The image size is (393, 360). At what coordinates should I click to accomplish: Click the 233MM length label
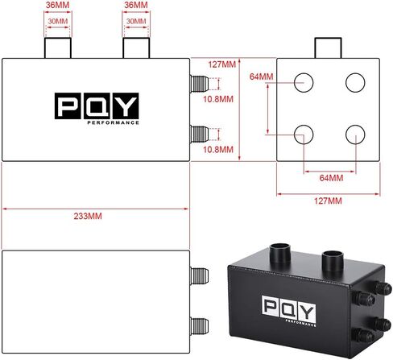(88, 216)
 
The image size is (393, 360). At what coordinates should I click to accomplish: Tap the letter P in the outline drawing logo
(68, 106)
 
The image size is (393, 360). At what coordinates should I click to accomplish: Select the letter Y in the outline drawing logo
(126, 106)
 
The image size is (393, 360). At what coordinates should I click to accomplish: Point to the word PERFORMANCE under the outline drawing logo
(113, 122)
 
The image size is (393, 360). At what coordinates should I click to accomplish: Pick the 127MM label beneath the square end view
(328, 201)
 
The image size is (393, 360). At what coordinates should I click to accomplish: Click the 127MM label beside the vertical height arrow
(222, 64)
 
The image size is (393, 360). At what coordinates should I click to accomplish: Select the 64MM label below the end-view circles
(331, 178)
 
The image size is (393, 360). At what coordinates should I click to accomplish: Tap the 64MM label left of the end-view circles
(261, 77)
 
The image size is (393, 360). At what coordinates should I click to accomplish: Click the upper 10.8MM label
(218, 99)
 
